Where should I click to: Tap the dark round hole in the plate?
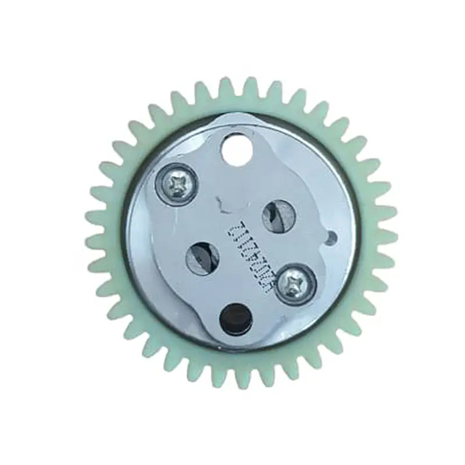point(235,317)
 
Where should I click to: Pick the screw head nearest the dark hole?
point(295,283)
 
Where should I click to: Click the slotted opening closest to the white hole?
point(279,215)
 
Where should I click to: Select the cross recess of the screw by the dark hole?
point(295,283)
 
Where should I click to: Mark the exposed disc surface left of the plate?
point(145,244)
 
